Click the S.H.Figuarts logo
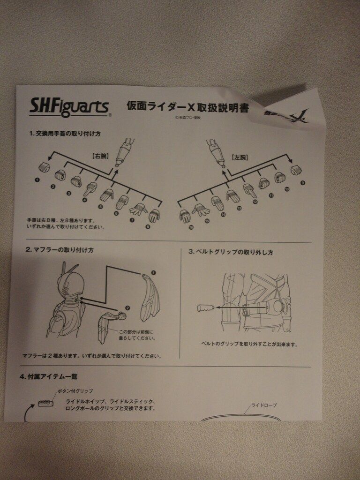(69, 106)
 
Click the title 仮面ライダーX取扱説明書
(187, 106)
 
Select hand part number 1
(44, 167)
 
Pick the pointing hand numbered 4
(90, 189)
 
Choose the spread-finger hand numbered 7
(138, 209)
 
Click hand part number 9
(296, 170)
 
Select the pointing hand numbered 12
(249, 190)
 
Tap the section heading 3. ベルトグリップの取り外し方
(231, 252)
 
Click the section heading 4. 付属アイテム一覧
(52, 376)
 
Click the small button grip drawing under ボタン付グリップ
(45, 403)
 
